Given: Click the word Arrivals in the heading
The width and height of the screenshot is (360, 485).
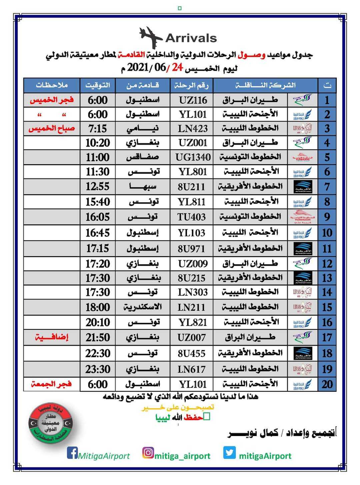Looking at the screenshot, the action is point(191,38).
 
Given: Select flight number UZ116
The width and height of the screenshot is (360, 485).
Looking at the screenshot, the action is point(193,100).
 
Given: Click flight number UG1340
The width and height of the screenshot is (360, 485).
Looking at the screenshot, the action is point(193,157).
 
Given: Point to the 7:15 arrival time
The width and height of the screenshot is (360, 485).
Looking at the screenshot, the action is point(97,129).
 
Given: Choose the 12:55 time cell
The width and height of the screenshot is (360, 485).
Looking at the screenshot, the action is point(97,187).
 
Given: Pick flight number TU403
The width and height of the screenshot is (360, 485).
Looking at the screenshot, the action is point(192,217).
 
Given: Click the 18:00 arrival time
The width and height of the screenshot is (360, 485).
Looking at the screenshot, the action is point(97,307).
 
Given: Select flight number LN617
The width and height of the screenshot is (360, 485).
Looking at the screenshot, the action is point(192,369).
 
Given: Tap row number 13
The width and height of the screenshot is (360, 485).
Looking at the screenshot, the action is point(327,278).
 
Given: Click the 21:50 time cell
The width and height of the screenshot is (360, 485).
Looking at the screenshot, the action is point(97,337).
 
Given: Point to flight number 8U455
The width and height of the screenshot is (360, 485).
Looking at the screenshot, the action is point(192,353).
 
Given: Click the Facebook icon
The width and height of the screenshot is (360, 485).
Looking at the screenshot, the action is point(72,453).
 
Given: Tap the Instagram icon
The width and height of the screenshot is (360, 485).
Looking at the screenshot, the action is point(148,453).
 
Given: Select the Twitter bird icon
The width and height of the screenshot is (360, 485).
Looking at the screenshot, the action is point(229,453).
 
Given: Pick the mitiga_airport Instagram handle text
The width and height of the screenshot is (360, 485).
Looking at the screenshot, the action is point(182,456).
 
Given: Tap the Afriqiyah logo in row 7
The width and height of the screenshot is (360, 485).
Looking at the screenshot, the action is point(303,187).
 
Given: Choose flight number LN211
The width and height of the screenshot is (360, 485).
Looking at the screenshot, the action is point(192,307).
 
